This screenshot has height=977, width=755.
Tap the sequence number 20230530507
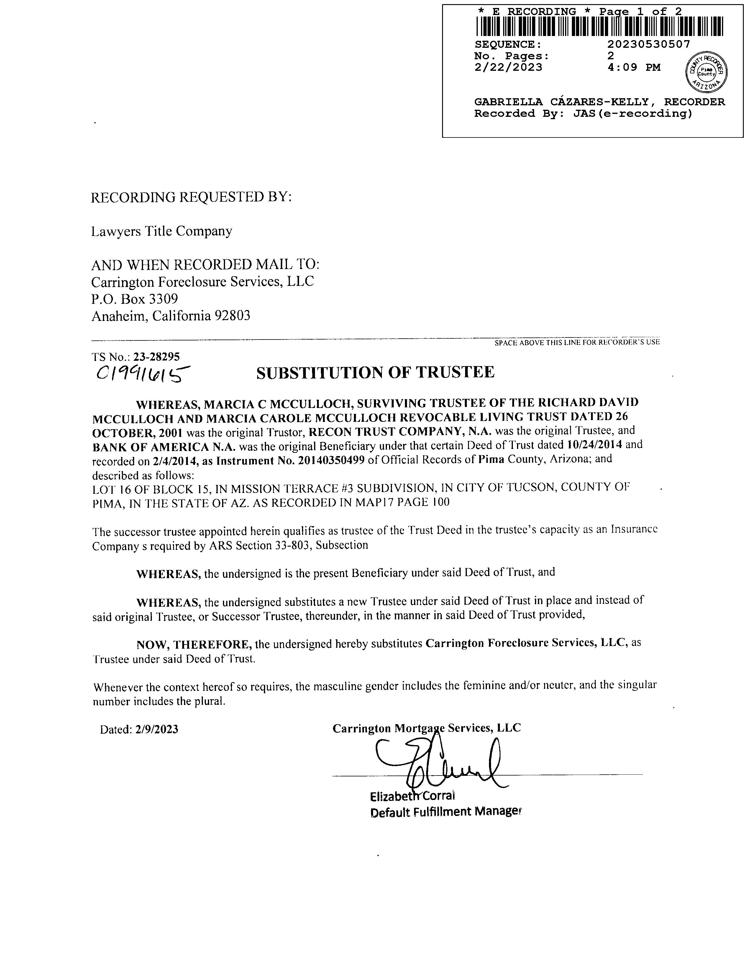coord(649,44)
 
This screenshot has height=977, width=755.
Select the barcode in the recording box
coord(599,26)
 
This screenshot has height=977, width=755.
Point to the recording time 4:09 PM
coord(634,68)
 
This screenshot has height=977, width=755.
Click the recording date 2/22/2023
coord(508,68)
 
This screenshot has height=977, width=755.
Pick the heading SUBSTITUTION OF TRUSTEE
coord(375,372)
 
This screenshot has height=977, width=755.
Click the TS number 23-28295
coord(160,357)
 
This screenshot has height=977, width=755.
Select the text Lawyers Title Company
coord(161,231)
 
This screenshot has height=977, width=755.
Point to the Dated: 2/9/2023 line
coord(139,730)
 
